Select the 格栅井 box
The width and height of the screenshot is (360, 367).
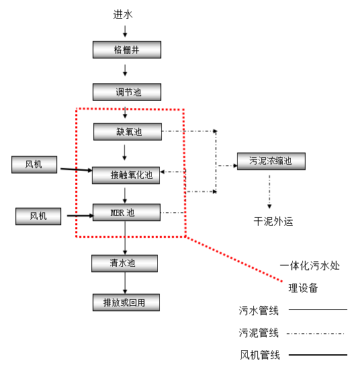click(127, 50)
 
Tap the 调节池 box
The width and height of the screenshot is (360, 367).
click(127, 92)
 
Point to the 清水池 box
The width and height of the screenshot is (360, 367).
click(124, 263)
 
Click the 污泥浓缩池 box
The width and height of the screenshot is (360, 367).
click(271, 161)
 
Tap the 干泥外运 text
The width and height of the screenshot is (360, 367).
click(273, 221)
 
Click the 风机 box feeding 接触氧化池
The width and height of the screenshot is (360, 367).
click(35, 164)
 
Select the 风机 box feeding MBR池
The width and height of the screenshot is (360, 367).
click(38, 216)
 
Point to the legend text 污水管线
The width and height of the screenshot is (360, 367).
click(259, 311)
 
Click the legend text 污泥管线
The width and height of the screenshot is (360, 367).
click(259, 333)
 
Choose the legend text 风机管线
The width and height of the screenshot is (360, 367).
click(259, 354)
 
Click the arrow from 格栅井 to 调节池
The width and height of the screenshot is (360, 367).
click(126, 71)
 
